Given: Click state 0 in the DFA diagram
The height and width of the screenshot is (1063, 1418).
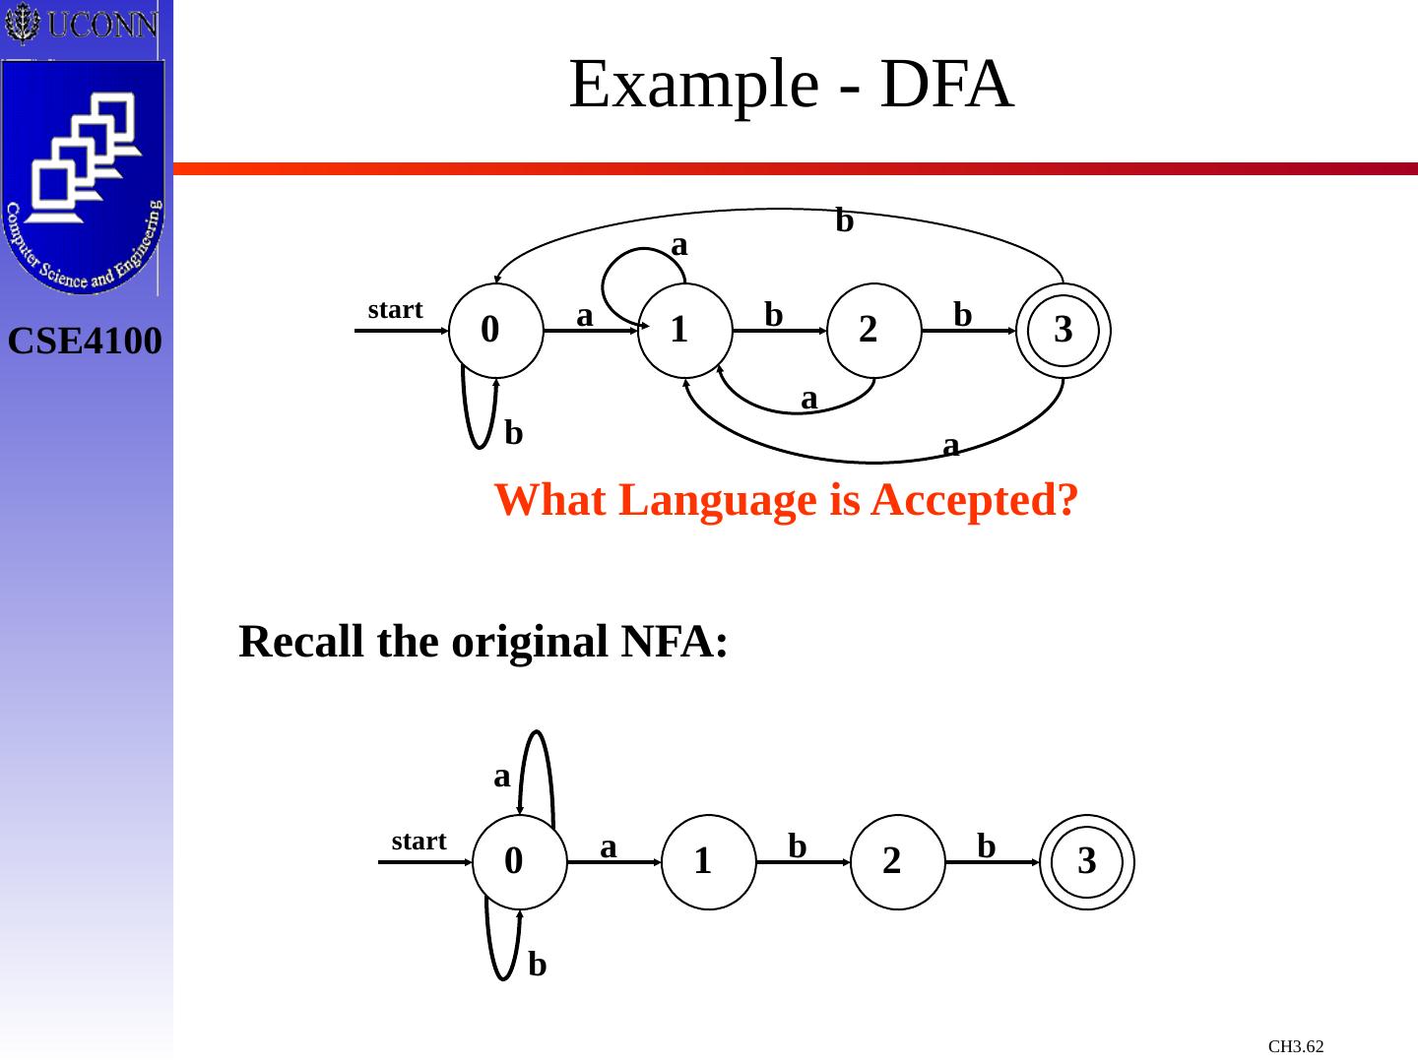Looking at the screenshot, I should tap(495, 331).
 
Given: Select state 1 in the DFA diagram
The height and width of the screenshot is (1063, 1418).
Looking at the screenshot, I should tap(685, 331).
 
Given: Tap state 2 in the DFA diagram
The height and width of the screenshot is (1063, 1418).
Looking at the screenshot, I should tap(874, 331).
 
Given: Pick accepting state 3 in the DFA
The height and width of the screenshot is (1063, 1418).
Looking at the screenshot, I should tap(1063, 331).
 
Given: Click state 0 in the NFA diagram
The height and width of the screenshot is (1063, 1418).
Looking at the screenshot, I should tap(519, 862).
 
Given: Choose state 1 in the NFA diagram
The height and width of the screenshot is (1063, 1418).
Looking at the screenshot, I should tap(709, 862).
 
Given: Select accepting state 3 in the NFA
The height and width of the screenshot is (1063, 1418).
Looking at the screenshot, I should tap(1087, 862).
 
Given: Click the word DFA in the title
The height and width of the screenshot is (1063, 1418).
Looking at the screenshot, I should tap(946, 84).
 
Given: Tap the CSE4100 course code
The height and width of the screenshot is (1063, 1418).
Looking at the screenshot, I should tap(85, 342).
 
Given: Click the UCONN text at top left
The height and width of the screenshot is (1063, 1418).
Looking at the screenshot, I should tap(101, 24).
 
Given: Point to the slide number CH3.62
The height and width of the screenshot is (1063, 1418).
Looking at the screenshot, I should tap(1296, 1046).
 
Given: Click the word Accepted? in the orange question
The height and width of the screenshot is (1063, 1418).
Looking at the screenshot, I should tap(975, 500).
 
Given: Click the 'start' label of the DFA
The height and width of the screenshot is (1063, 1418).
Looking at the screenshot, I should tap(395, 310).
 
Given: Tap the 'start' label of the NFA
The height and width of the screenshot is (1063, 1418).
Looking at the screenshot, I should tap(419, 842).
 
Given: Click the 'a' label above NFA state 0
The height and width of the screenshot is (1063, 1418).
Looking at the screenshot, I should tap(502, 777).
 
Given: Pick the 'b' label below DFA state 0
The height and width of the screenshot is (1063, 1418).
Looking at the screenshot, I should tap(513, 432).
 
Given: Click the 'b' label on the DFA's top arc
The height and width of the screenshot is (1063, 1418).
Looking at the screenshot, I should tap(844, 220).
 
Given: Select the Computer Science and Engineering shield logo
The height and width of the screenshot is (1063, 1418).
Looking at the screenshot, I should tap(84, 177).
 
